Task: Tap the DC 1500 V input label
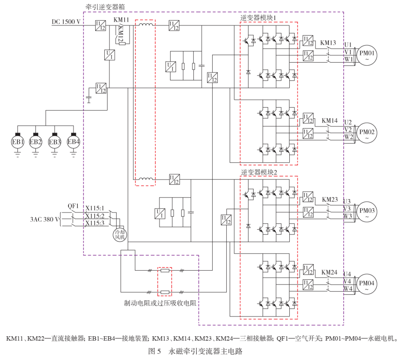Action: point(66,22)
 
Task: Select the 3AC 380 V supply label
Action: point(44,219)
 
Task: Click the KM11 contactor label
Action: point(121,20)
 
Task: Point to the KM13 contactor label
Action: point(328,43)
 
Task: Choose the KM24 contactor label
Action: point(329,273)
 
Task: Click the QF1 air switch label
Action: point(73,206)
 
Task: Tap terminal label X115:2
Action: point(95,216)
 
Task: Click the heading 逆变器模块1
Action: point(258,18)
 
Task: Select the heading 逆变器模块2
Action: point(259,172)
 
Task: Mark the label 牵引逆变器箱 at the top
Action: point(105,7)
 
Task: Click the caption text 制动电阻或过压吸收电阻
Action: point(160,303)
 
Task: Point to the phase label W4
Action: point(348,289)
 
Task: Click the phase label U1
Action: point(348,45)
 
